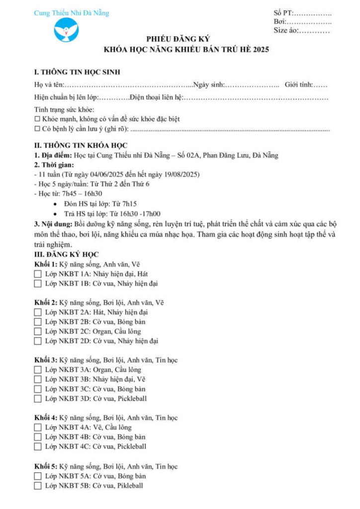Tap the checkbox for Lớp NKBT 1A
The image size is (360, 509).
click(x=38, y=274)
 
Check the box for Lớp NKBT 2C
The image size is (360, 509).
click(x=38, y=332)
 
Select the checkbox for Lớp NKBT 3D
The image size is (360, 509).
click(x=38, y=399)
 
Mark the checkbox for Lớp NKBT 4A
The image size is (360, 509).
click(x=38, y=427)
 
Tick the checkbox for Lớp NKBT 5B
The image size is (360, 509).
click(x=38, y=486)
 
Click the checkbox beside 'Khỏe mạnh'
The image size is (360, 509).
click(x=37, y=119)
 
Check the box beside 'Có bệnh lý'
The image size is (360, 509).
click(x=37, y=129)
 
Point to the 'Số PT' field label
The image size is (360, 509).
click(x=284, y=13)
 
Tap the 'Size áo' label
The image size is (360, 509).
click(x=287, y=31)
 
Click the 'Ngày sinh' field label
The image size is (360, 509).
click(x=209, y=85)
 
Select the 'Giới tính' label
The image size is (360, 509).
click(x=299, y=85)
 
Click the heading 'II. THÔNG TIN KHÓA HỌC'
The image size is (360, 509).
click(x=81, y=146)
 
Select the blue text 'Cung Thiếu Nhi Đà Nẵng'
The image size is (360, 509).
click(x=71, y=13)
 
